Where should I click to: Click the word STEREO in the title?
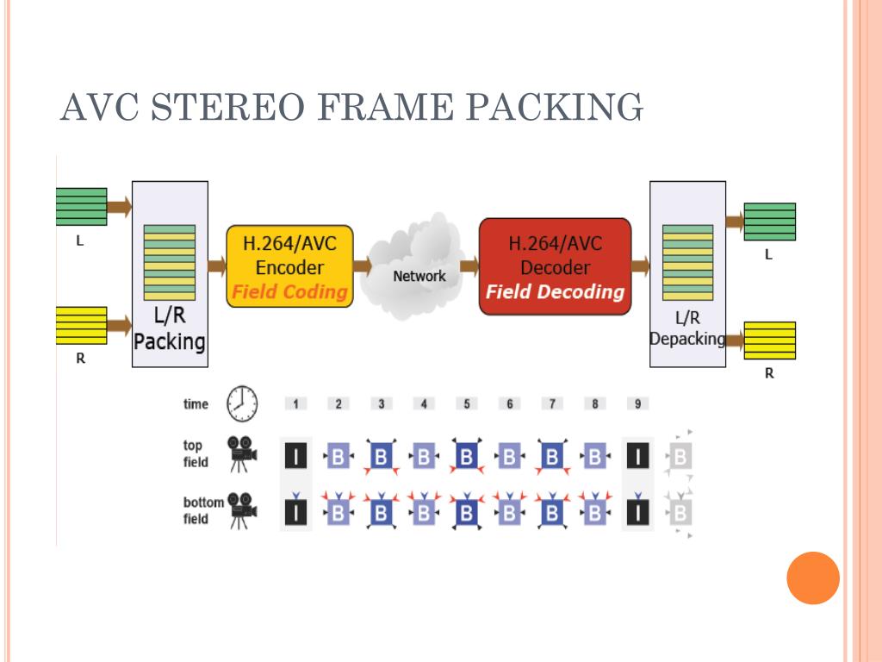pos(227,107)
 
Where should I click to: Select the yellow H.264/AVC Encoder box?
pos(289,266)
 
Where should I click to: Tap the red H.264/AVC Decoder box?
pos(556,266)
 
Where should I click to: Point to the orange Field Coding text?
pos(289,291)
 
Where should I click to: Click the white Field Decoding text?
pos(556,291)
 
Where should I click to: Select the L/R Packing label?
pos(170,329)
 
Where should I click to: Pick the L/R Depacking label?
pos(687,328)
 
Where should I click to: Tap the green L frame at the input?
pos(82,207)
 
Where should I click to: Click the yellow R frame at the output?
pos(769,340)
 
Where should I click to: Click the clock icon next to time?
pos(242,403)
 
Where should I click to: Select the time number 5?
pos(467,403)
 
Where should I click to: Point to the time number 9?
pos(638,403)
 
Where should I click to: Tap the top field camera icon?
pos(242,453)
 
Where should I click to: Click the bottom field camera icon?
pos(242,510)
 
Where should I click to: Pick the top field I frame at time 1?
pos(296,456)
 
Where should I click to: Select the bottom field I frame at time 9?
pos(638,513)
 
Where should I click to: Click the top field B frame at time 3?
pos(382,456)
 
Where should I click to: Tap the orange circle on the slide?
pos(813,578)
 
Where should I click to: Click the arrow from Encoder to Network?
pos(363,265)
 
